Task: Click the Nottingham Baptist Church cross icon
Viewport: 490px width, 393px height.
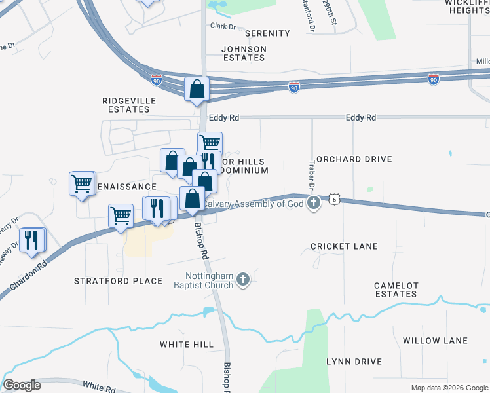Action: point(243,280)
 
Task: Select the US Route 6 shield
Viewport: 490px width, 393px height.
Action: point(334,199)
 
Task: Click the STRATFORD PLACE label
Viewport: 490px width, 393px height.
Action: point(118,281)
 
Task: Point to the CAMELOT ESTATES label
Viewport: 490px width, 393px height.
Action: point(396,290)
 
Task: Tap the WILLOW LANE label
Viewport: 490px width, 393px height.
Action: point(435,341)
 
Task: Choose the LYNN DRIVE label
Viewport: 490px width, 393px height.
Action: point(354,362)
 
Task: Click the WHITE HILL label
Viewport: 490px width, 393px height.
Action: point(187,345)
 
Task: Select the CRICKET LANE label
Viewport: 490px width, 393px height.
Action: point(344,246)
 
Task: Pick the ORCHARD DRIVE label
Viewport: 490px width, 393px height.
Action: point(354,159)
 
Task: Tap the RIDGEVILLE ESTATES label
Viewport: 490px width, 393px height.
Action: point(126,105)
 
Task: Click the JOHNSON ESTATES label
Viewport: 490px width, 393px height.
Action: point(244,53)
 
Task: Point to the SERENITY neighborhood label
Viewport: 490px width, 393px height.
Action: point(267,33)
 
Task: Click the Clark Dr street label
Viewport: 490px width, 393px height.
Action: point(222,26)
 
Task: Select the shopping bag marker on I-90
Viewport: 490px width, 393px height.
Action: point(197,88)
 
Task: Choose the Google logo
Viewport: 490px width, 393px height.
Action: point(22,385)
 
